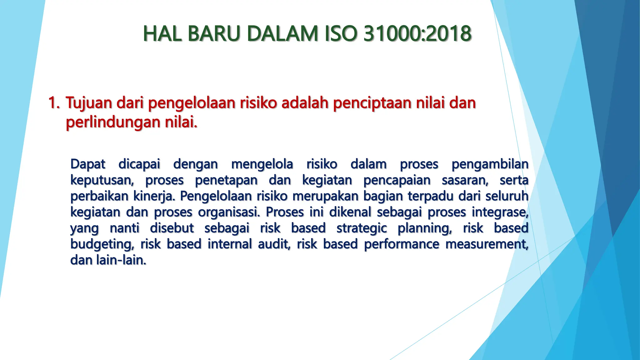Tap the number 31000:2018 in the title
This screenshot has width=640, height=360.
coord(417,33)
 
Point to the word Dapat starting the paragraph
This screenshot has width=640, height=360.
coord(88,164)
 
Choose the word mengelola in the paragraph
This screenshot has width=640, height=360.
coord(262,164)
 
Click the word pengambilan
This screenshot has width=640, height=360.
coord(490,164)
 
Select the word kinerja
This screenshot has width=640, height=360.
coord(152,197)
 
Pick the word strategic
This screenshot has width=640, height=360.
coord(362,228)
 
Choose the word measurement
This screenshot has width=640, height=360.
coord(487,244)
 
